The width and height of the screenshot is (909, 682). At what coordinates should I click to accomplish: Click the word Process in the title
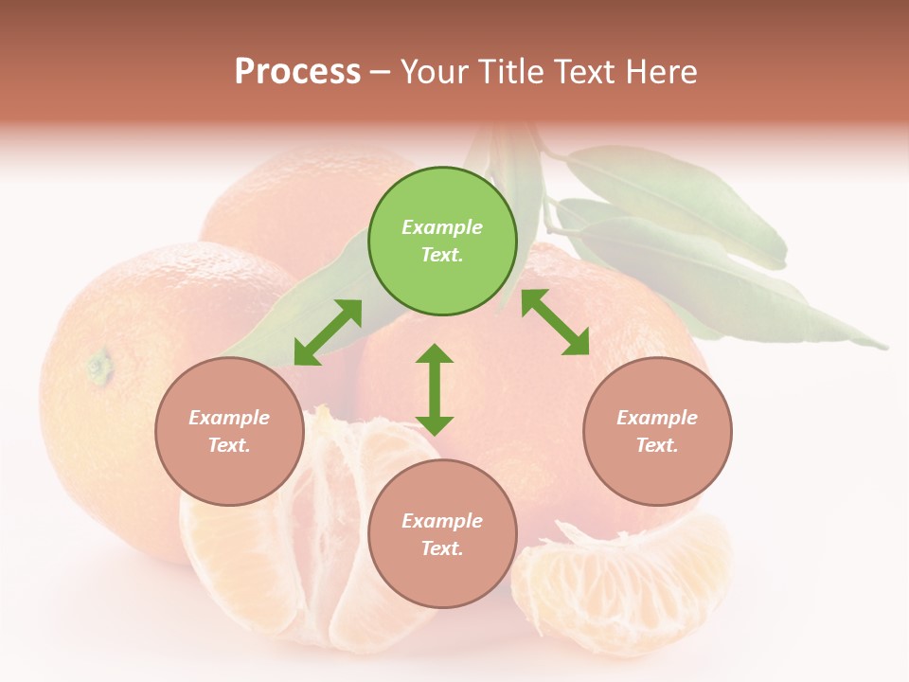297,72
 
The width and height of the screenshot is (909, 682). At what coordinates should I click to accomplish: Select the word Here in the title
662,72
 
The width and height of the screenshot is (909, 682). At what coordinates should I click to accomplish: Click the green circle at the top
442,241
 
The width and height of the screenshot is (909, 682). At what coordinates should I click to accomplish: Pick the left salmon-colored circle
229,432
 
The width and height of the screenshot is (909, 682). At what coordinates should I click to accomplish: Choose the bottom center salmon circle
442,534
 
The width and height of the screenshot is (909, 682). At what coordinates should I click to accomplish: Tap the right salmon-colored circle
657,432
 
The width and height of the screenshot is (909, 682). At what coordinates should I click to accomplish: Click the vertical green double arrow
435,389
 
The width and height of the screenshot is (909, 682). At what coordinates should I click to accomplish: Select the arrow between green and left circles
328,332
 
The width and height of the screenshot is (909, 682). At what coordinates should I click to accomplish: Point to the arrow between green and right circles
555,322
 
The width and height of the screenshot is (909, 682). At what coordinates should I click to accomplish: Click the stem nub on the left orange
99,365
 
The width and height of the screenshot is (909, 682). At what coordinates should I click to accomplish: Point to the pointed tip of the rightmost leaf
885,347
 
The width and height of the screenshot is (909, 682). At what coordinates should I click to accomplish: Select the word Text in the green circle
442,255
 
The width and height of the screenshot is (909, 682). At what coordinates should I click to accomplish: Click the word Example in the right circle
657,418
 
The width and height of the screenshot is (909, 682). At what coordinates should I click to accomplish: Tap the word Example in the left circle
229,418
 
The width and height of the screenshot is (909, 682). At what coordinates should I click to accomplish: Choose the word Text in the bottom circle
442,548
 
